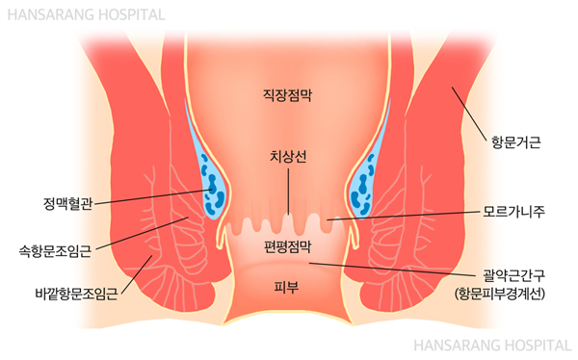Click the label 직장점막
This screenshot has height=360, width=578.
[289, 95]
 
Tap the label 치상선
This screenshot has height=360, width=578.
[289, 158]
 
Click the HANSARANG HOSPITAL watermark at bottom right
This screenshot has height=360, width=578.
[492, 344]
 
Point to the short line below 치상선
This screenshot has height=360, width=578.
[288, 193]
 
